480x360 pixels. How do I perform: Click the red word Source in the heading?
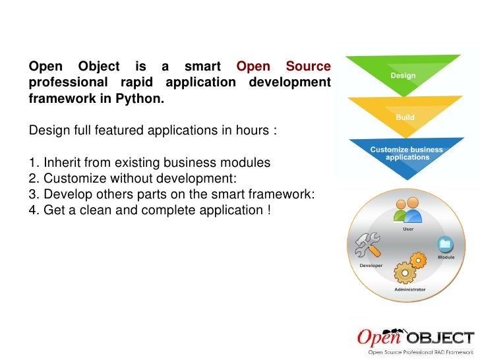[x=308, y=67]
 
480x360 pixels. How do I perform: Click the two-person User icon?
[x=407, y=210]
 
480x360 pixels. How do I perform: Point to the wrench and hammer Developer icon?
[x=367, y=247]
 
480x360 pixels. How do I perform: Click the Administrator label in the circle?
[x=409, y=289]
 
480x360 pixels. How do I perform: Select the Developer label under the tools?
[x=371, y=264]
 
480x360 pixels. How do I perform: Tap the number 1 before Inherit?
[x=33, y=162]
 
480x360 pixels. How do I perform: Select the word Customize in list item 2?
[x=73, y=178]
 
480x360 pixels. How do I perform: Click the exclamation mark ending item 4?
[x=269, y=210]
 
